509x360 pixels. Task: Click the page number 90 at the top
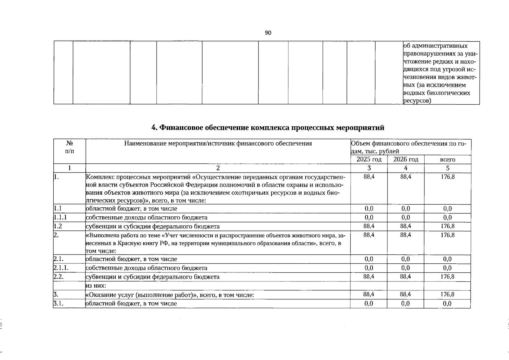pyautogui.click(x=268, y=33)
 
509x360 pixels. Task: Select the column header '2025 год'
pyautogui.click(x=369, y=159)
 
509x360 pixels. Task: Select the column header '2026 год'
pyautogui.click(x=406, y=159)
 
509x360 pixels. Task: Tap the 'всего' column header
pyautogui.click(x=448, y=160)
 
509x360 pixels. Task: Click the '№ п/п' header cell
pyautogui.click(x=69, y=147)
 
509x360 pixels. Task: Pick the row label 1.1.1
pyautogui.click(x=60, y=217)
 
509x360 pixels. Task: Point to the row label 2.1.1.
pyautogui.click(x=61, y=268)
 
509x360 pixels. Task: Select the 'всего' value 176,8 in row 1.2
pyautogui.click(x=448, y=226)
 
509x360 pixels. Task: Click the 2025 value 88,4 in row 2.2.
pyautogui.click(x=369, y=277)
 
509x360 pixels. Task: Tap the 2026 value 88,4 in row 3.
pyautogui.click(x=406, y=295)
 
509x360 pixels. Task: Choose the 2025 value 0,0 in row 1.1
pyautogui.click(x=369, y=208)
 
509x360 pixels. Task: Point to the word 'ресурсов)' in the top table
pyautogui.click(x=417, y=101)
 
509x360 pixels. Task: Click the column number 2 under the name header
pyautogui.click(x=218, y=168)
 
